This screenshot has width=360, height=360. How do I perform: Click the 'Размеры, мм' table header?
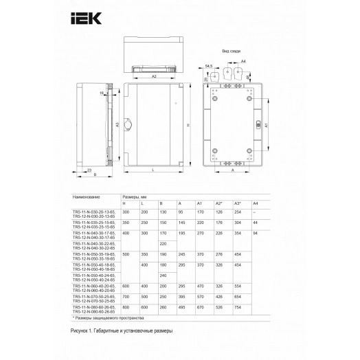coord(134,196)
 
